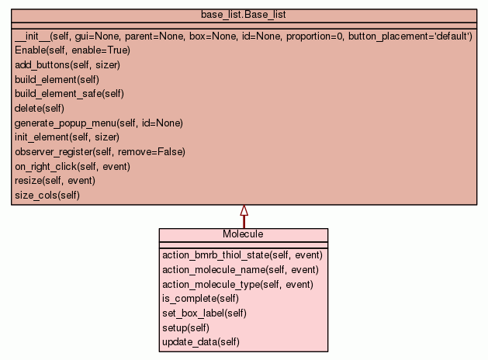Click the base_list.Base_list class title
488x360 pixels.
pos(244,15)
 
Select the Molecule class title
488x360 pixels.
pos(243,234)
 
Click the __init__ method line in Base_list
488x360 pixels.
pos(243,36)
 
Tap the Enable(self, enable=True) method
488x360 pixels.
pos(72,50)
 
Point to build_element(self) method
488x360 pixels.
pos(57,79)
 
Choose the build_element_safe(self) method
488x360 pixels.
pos(69,94)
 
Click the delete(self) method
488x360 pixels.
pos(40,109)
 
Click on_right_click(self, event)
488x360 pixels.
pos(72,166)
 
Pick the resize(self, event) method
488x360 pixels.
pos(55,181)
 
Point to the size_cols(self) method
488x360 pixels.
pos(47,195)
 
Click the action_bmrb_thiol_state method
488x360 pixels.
pos(242,254)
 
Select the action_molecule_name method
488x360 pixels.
pos(241,270)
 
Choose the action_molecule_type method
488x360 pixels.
pos(237,285)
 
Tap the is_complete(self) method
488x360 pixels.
pos(200,299)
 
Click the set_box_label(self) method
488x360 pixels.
pos(204,313)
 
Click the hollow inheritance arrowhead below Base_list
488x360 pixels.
pos(244,210)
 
